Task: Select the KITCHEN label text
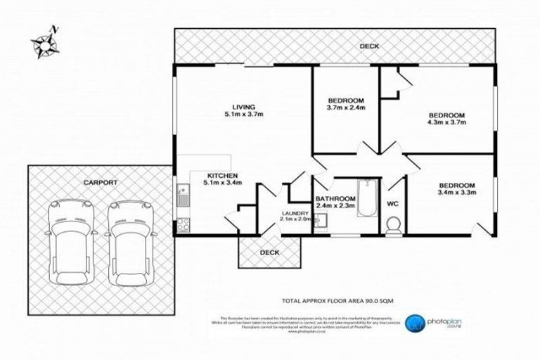[223, 176]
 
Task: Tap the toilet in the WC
[393, 224]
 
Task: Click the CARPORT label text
[100, 181]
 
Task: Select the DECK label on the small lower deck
[269, 252]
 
